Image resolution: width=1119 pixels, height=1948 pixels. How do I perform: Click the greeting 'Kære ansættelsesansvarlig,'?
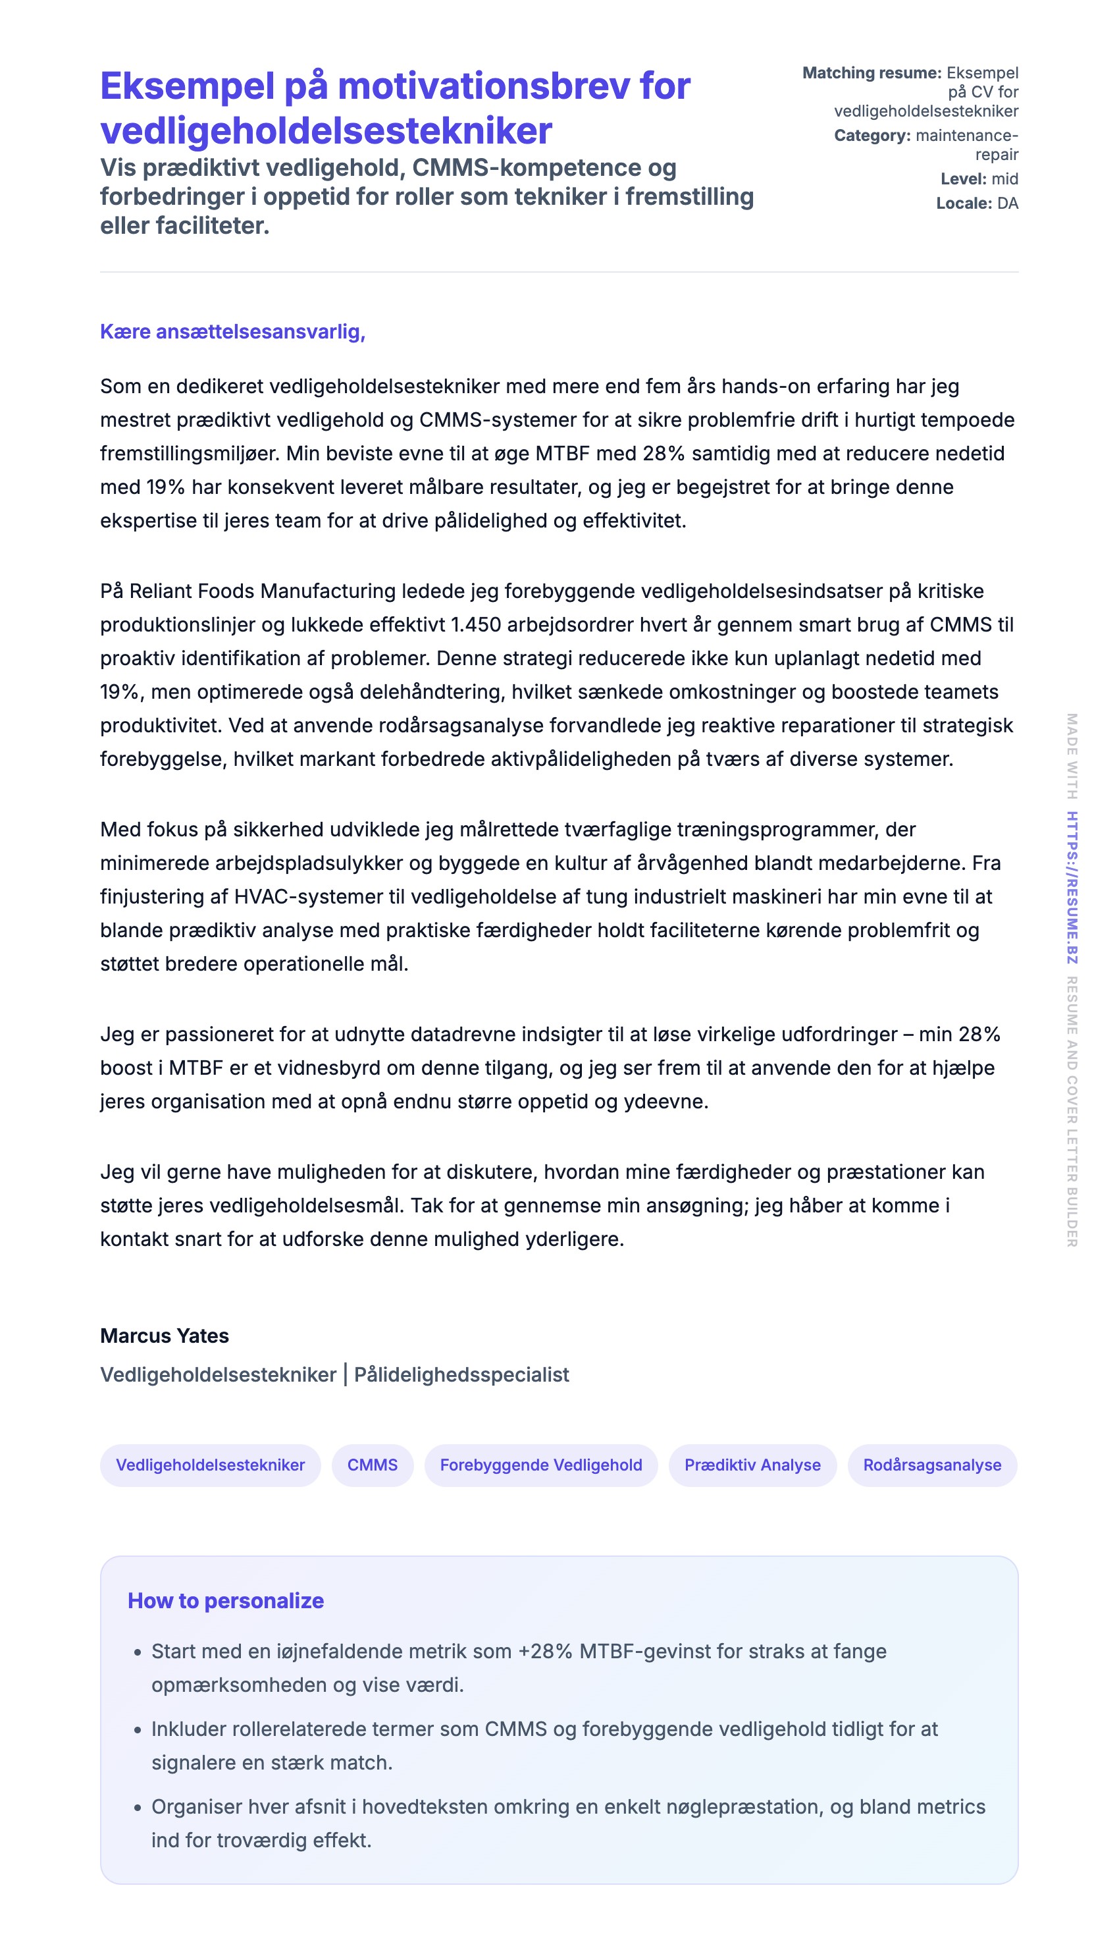[x=232, y=331]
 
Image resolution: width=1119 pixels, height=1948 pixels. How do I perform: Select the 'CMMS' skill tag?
[x=372, y=1465]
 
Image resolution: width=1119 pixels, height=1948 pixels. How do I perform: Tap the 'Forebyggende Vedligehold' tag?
[x=540, y=1465]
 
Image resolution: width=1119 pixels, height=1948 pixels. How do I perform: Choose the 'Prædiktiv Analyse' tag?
[x=752, y=1465]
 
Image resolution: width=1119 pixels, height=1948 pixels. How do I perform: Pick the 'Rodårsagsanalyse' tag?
[x=931, y=1465]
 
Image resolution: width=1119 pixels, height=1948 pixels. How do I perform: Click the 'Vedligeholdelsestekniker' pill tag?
[x=210, y=1465]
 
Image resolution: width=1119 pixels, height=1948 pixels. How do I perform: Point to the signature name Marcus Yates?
[x=165, y=1336]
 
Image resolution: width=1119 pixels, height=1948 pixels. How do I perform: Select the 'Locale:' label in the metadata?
[x=964, y=203]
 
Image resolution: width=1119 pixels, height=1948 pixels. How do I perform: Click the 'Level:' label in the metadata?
[x=963, y=178]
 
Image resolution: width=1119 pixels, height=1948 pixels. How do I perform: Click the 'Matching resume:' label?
[x=872, y=72]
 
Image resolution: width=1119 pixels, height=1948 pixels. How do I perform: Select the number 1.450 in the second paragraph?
[x=476, y=624]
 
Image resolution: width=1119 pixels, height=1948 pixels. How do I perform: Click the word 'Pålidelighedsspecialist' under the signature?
[x=461, y=1374]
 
